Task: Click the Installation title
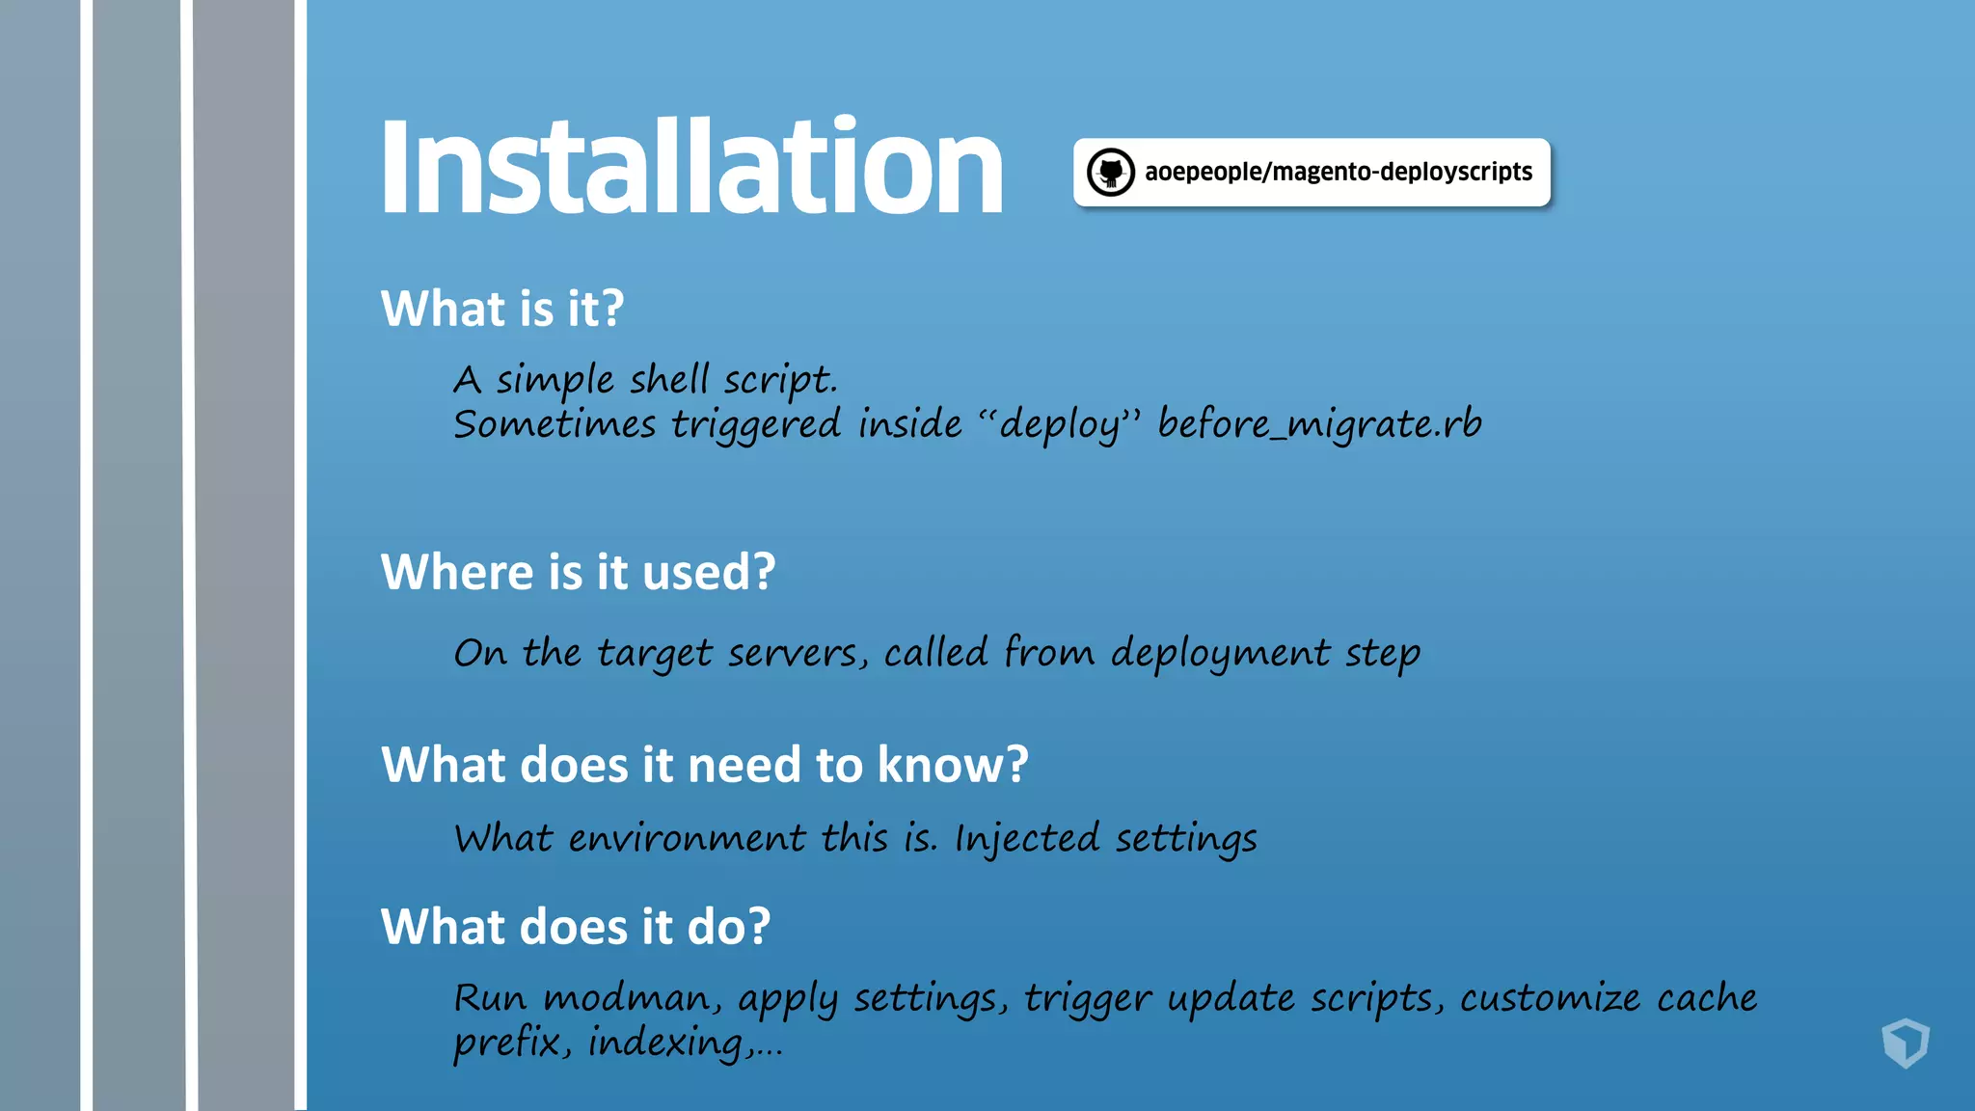pos(691,167)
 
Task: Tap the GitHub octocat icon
pos(1110,173)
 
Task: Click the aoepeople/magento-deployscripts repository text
pos(1338,172)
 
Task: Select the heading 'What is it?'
pos(502,309)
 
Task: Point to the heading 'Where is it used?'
pos(578,572)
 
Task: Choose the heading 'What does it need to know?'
pos(705,765)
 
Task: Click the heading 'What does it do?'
pos(576,927)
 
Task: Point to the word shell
pos(669,379)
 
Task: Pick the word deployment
pos(1220,654)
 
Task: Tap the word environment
pos(687,838)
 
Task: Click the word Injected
pos(1026,838)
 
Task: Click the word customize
pos(1550,998)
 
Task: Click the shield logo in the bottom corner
pos(1905,1043)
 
